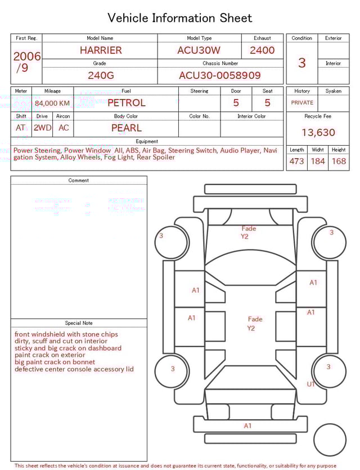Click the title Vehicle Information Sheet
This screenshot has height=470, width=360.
[180, 18]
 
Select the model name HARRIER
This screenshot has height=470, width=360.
[101, 50]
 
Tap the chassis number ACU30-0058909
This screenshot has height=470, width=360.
[220, 75]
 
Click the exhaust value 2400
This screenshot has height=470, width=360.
[262, 50]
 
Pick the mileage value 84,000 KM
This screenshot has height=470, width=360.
[52, 103]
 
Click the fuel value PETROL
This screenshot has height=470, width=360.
[127, 103]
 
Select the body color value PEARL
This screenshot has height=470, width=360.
[127, 128]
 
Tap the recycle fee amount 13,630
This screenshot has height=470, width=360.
[318, 133]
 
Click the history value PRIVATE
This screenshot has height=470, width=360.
[302, 103]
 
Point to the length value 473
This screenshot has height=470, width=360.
[296, 162]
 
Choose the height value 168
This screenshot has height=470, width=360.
[339, 162]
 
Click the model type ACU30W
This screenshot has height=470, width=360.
[199, 50]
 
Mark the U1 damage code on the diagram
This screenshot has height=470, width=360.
[310, 384]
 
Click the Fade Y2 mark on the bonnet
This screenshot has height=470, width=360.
[248, 232]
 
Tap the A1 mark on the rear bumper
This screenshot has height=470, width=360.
[247, 426]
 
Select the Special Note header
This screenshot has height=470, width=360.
[79, 323]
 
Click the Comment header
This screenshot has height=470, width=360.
[79, 181]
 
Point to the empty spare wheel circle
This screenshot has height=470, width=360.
[330, 440]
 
